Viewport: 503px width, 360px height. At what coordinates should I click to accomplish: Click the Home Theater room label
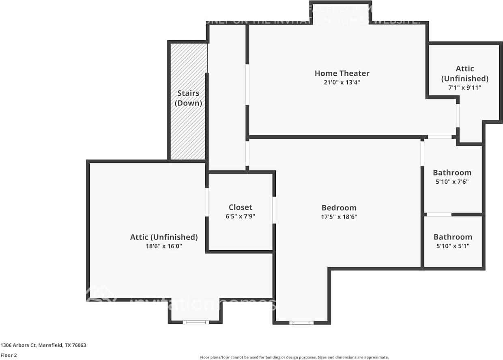click(x=342, y=73)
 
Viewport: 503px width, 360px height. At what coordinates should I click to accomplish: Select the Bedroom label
click(x=339, y=208)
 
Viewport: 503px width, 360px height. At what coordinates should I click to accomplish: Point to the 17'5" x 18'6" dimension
click(x=339, y=216)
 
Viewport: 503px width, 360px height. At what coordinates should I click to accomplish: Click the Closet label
click(x=240, y=207)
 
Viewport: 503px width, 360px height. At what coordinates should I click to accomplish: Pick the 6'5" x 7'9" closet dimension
click(x=240, y=216)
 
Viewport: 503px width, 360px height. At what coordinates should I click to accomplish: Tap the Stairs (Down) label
click(x=188, y=98)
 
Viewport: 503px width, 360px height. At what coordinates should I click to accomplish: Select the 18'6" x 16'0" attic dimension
click(x=164, y=246)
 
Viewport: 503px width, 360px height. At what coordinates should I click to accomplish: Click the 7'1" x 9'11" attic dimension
click(x=464, y=87)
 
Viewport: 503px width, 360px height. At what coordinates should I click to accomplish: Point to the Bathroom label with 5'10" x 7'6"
click(x=452, y=173)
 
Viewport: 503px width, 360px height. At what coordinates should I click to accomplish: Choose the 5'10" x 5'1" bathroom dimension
click(x=453, y=246)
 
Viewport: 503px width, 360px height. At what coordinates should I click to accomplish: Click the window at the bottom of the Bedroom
click(x=301, y=323)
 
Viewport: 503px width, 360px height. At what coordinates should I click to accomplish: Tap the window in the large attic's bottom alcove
click(x=196, y=322)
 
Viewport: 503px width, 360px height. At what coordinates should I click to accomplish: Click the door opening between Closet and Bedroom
click(x=274, y=210)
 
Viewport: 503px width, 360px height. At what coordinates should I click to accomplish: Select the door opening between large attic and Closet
click(x=206, y=202)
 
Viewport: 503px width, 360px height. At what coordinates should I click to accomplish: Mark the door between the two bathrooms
click(x=439, y=214)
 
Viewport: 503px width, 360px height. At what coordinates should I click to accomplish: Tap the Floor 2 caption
click(x=9, y=355)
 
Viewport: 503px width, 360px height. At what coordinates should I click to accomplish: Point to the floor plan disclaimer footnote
click(x=294, y=357)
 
